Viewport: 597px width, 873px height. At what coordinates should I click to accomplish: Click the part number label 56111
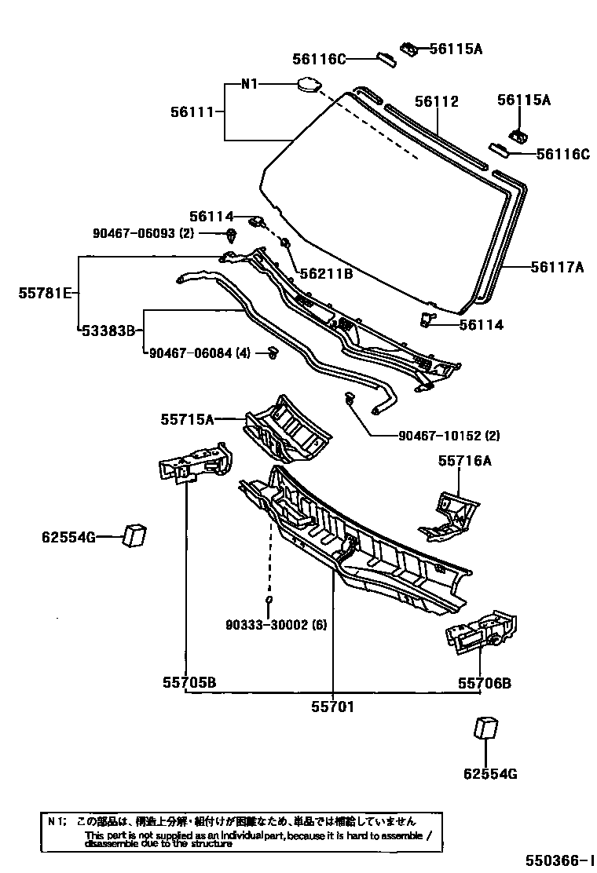pos(192,112)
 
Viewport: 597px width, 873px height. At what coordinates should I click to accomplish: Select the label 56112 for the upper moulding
pos(437,101)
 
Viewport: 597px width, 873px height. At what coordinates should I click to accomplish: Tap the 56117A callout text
pos(557,268)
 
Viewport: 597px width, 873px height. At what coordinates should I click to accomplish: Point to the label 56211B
pos(325,274)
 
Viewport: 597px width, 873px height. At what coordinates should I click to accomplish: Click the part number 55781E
pos(45,294)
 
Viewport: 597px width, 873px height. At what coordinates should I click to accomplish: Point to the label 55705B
pos(189,683)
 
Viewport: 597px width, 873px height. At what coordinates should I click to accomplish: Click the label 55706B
pos(485,683)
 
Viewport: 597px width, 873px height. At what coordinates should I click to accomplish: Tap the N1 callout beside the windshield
pos(248,84)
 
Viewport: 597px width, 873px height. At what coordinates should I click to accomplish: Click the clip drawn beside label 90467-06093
pos(231,234)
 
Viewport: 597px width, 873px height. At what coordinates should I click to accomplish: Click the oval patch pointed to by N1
pos(306,84)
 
